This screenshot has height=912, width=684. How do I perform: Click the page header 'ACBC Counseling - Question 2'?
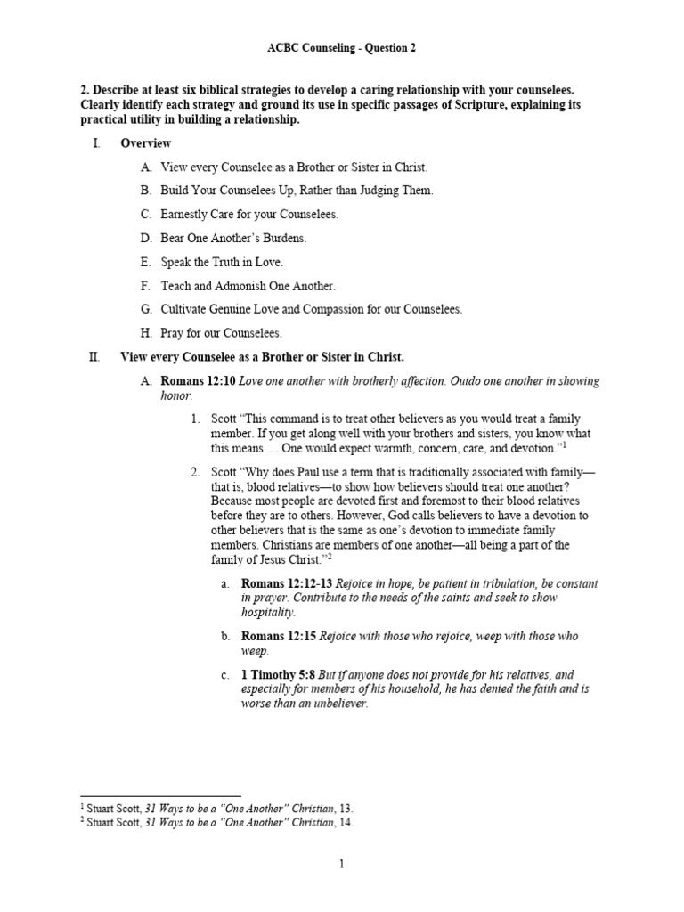341,48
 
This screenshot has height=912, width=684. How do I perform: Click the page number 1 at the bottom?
342,863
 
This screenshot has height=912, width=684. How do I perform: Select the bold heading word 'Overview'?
146,143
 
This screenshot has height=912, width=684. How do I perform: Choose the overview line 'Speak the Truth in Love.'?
222,262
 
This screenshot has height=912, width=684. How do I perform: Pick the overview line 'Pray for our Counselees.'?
221,333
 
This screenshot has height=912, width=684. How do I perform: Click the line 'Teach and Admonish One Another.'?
248,286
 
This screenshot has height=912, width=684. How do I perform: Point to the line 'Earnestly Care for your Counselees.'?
249,215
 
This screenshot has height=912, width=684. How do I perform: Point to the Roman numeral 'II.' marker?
94,357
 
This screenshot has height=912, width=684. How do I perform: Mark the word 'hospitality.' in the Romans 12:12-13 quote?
268,613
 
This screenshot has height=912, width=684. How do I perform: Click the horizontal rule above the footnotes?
160,795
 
